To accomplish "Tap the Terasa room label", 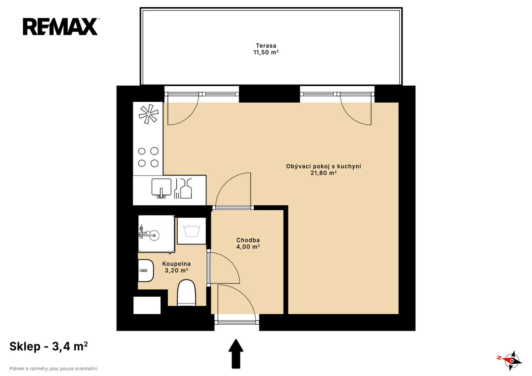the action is (x=266, y=46).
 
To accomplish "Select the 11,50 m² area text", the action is (x=266, y=52).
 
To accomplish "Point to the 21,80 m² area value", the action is (x=323, y=173).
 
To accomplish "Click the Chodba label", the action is (x=248, y=240).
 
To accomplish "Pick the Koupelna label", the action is (x=177, y=264).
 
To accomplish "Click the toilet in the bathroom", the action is (x=186, y=293).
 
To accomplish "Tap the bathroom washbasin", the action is (x=146, y=271).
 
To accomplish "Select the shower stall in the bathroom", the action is (x=156, y=234).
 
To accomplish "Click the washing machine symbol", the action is (x=192, y=231).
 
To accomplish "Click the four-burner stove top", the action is (x=148, y=157).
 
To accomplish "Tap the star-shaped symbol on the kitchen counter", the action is (x=148, y=114).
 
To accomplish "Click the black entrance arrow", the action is (x=236, y=354).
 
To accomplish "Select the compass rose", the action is (x=512, y=361).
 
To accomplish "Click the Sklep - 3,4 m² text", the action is (x=49, y=346).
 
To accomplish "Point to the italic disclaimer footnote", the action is (x=53, y=369).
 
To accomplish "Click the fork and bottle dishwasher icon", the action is (x=183, y=188).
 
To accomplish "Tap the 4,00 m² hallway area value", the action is (x=248, y=247).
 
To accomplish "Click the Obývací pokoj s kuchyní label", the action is (x=323, y=166).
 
